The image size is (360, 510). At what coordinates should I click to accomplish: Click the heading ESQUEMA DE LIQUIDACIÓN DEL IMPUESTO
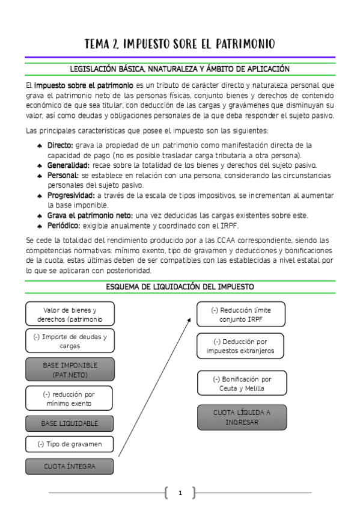pos(180,287)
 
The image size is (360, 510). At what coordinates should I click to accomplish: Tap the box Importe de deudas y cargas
pos(70,341)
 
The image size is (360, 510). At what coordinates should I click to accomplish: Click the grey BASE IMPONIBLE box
pos(70,369)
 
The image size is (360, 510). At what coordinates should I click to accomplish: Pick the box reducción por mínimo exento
pos(70,398)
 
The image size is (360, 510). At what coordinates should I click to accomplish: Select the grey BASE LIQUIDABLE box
pos(70,423)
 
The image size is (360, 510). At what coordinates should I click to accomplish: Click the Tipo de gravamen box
pos(70,444)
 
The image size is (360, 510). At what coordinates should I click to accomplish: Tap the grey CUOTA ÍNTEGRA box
pos(70,466)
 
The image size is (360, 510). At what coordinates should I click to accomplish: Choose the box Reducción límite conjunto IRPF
pos(241,314)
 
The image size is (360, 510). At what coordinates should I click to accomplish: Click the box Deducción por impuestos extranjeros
pos(241,346)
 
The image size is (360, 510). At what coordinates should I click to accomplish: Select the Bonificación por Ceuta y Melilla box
pos(241,383)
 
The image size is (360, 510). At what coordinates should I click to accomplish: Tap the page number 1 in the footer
pos(180,494)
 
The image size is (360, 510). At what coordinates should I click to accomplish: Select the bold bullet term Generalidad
pos(69,165)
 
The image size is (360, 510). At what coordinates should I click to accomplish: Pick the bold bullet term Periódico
pos(64,225)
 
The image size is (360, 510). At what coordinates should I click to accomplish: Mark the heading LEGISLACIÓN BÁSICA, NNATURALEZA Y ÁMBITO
pos(180,69)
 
